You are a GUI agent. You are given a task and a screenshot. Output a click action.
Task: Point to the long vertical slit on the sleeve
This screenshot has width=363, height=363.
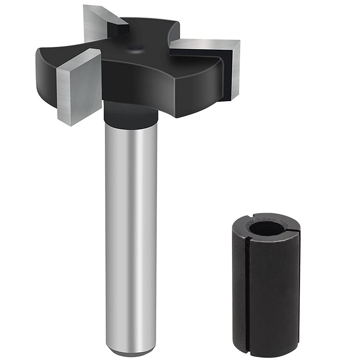point(247,290)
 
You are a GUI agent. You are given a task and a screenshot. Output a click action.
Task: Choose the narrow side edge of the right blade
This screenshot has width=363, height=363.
point(235,69)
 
